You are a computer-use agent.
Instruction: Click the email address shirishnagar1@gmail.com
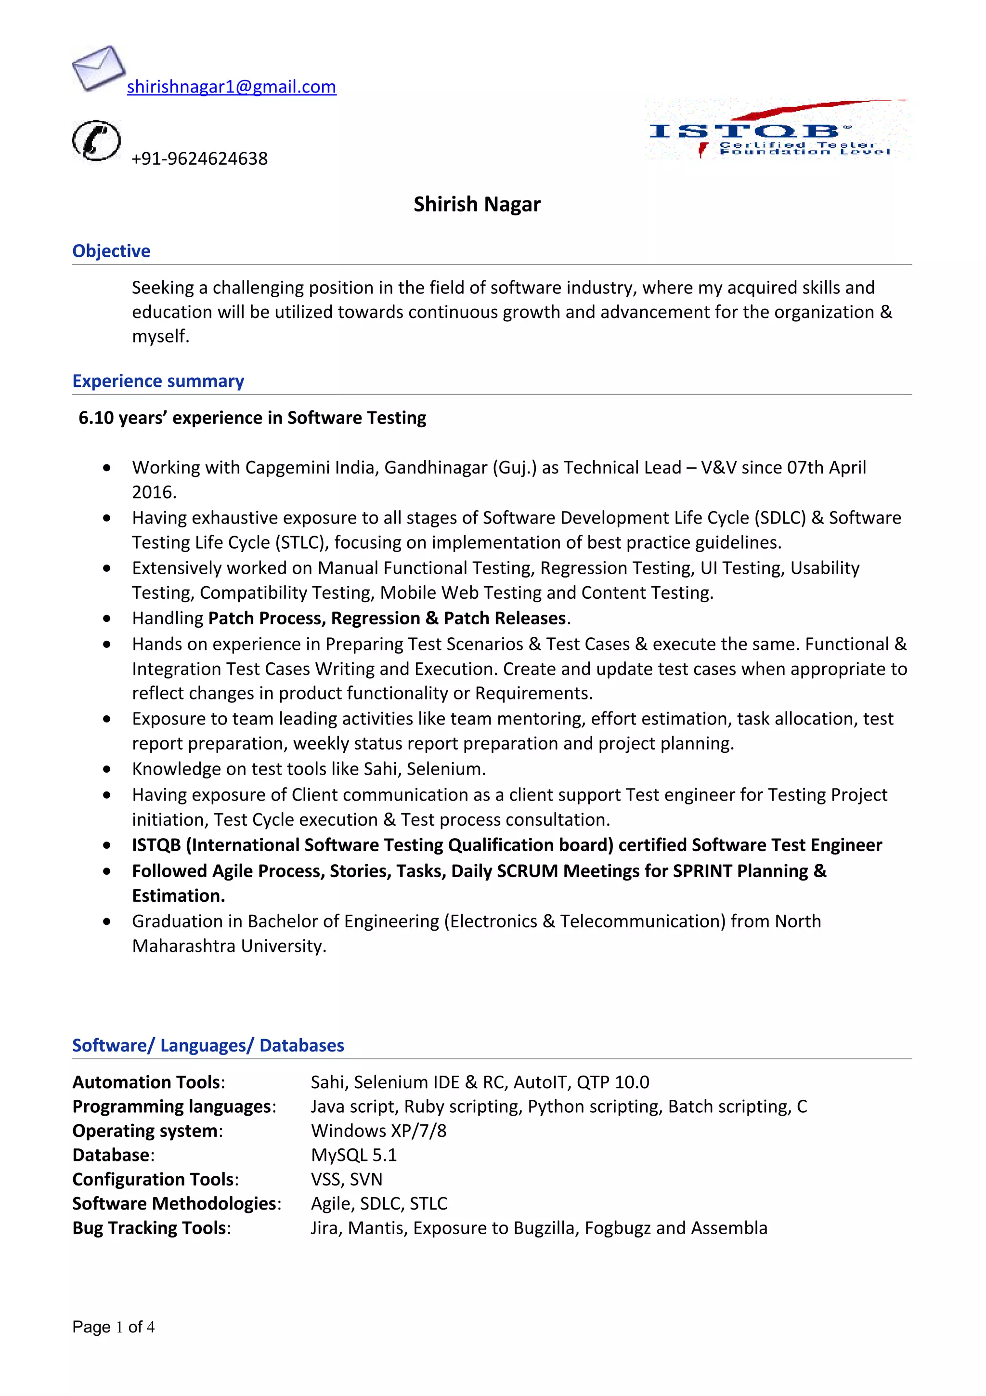coord(231,87)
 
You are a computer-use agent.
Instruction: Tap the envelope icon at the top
coord(98,67)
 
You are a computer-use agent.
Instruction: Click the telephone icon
coord(96,141)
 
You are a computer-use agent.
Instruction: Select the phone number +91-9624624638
coord(199,158)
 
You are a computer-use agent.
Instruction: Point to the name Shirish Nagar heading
coord(477,204)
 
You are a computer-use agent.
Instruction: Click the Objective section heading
coord(111,251)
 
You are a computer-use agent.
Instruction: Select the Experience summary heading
coord(158,381)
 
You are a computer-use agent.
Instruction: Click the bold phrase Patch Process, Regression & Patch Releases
coord(387,619)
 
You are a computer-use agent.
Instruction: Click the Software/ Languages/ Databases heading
coord(208,1046)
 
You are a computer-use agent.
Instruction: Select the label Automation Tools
coord(146,1082)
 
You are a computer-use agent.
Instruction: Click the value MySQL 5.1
coord(353,1155)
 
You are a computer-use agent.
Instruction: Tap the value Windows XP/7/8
coord(378,1131)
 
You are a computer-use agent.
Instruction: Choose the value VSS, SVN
coord(346,1180)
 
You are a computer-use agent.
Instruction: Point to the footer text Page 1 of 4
coord(114,1327)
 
